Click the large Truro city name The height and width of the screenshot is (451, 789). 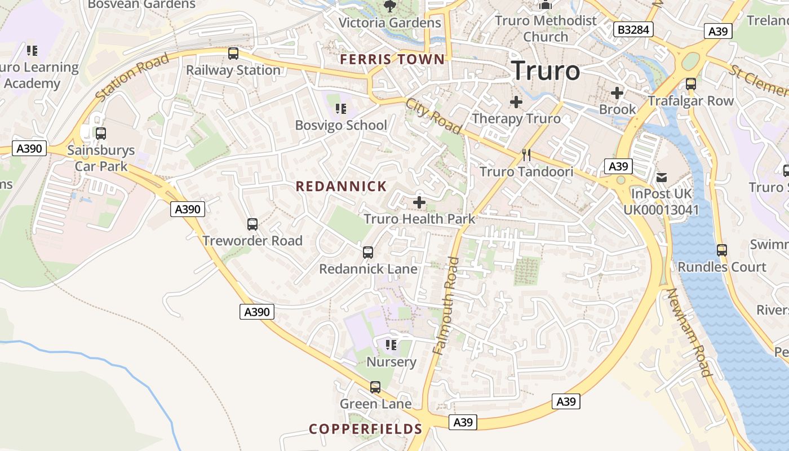(x=546, y=71)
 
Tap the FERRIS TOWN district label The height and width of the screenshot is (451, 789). (x=392, y=59)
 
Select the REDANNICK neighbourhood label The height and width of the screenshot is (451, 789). (x=341, y=186)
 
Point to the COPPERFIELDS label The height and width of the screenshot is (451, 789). (x=365, y=429)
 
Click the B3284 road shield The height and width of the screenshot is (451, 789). (x=633, y=29)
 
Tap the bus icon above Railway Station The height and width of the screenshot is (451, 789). (x=233, y=54)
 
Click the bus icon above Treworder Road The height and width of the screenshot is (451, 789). (x=252, y=224)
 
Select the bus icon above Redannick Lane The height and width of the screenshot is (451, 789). (x=368, y=253)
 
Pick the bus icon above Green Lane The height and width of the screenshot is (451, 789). (x=375, y=387)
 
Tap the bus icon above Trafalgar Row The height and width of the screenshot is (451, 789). (x=690, y=84)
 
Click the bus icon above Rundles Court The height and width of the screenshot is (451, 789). (x=721, y=250)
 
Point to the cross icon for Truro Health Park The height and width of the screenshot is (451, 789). (x=419, y=202)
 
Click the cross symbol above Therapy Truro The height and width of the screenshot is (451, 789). (x=516, y=102)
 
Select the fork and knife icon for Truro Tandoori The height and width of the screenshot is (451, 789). (x=526, y=155)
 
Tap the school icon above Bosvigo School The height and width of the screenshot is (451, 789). (x=340, y=108)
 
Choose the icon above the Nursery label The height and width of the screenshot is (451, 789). (x=391, y=344)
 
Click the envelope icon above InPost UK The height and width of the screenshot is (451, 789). (x=661, y=178)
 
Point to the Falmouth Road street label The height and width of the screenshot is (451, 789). (x=445, y=305)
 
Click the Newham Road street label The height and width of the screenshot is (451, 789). (x=689, y=332)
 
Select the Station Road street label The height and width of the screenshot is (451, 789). (x=132, y=78)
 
